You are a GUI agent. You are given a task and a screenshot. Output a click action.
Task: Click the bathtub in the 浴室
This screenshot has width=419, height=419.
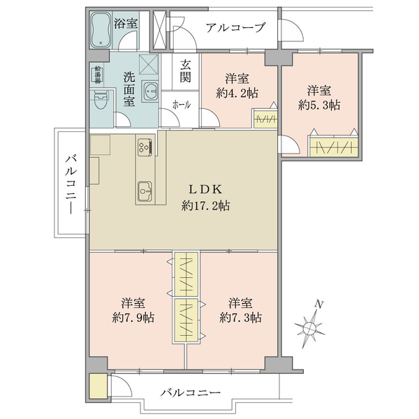(101, 29)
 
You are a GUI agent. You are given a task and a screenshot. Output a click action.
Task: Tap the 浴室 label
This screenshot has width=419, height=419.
(126, 24)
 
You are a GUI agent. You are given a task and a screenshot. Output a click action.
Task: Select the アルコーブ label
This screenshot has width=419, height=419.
(235, 27)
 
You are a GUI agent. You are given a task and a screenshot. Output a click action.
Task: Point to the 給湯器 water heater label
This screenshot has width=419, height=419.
(98, 75)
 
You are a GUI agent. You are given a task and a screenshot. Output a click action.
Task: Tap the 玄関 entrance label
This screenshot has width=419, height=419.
(185, 71)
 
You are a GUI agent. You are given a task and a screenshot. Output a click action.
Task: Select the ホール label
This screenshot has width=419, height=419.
(182, 105)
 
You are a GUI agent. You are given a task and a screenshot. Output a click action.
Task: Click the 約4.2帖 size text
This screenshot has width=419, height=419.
(237, 94)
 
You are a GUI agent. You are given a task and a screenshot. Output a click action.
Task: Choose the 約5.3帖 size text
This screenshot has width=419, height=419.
(319, 105)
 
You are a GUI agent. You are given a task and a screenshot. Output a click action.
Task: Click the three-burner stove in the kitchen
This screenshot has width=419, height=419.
(146, 147)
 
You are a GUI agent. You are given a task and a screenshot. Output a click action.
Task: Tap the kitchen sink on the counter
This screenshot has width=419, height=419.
(145, 191)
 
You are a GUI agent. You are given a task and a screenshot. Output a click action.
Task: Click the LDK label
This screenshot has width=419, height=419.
(205, 189)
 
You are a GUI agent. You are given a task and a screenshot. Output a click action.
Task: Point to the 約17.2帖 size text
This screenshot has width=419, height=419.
(205, 206)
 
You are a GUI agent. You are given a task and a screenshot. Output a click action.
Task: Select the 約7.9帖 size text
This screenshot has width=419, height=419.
(133, 318)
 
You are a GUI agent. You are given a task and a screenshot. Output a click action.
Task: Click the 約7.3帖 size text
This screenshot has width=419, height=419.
(240, 318)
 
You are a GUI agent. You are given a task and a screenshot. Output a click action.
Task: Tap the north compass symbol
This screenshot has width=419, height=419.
(310, 324)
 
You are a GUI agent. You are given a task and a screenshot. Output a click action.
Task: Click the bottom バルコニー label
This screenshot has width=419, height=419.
(191, 392)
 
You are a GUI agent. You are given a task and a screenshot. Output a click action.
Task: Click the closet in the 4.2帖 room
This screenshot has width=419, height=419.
(265, 119)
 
